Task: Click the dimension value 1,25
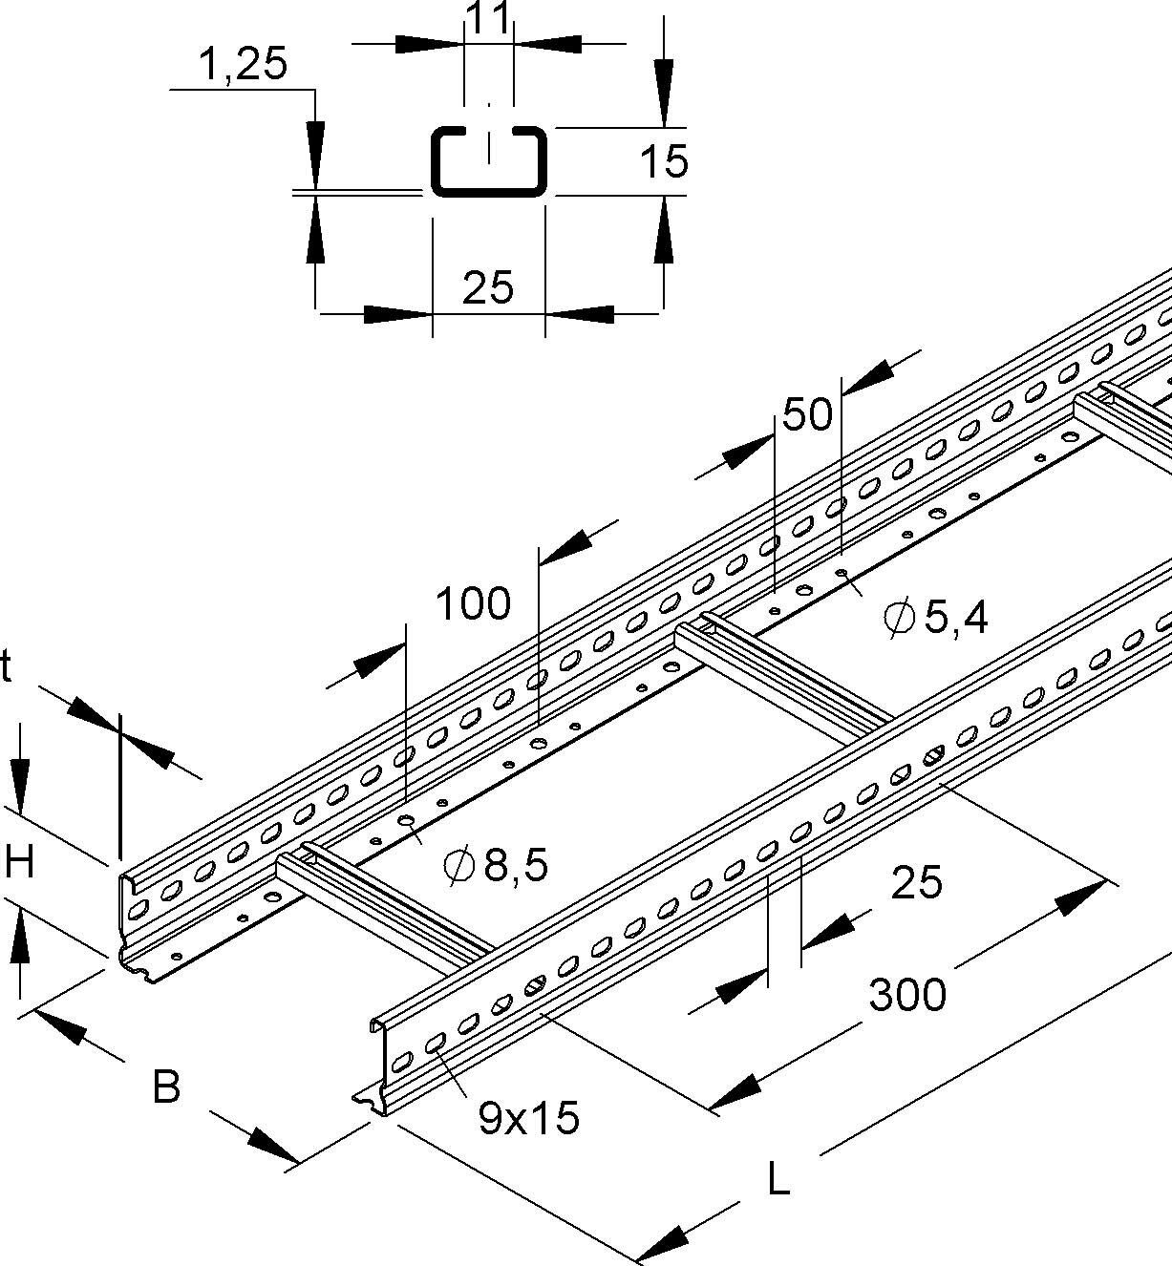pos(243,66)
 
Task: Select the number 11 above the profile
pos(488,16)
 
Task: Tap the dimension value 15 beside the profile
pos(664,161)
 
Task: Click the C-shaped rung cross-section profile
pos(489,160)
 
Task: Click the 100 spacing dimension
pos(473,603)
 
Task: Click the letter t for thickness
pos(8,669)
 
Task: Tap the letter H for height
pos(19,864)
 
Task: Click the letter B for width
pos(166,1087)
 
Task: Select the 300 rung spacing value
pos(906,995)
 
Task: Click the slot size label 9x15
pos(528,1118)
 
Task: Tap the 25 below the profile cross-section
pos(488,286)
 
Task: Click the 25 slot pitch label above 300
pos(916,882)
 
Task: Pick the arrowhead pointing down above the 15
pos(663,75)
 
